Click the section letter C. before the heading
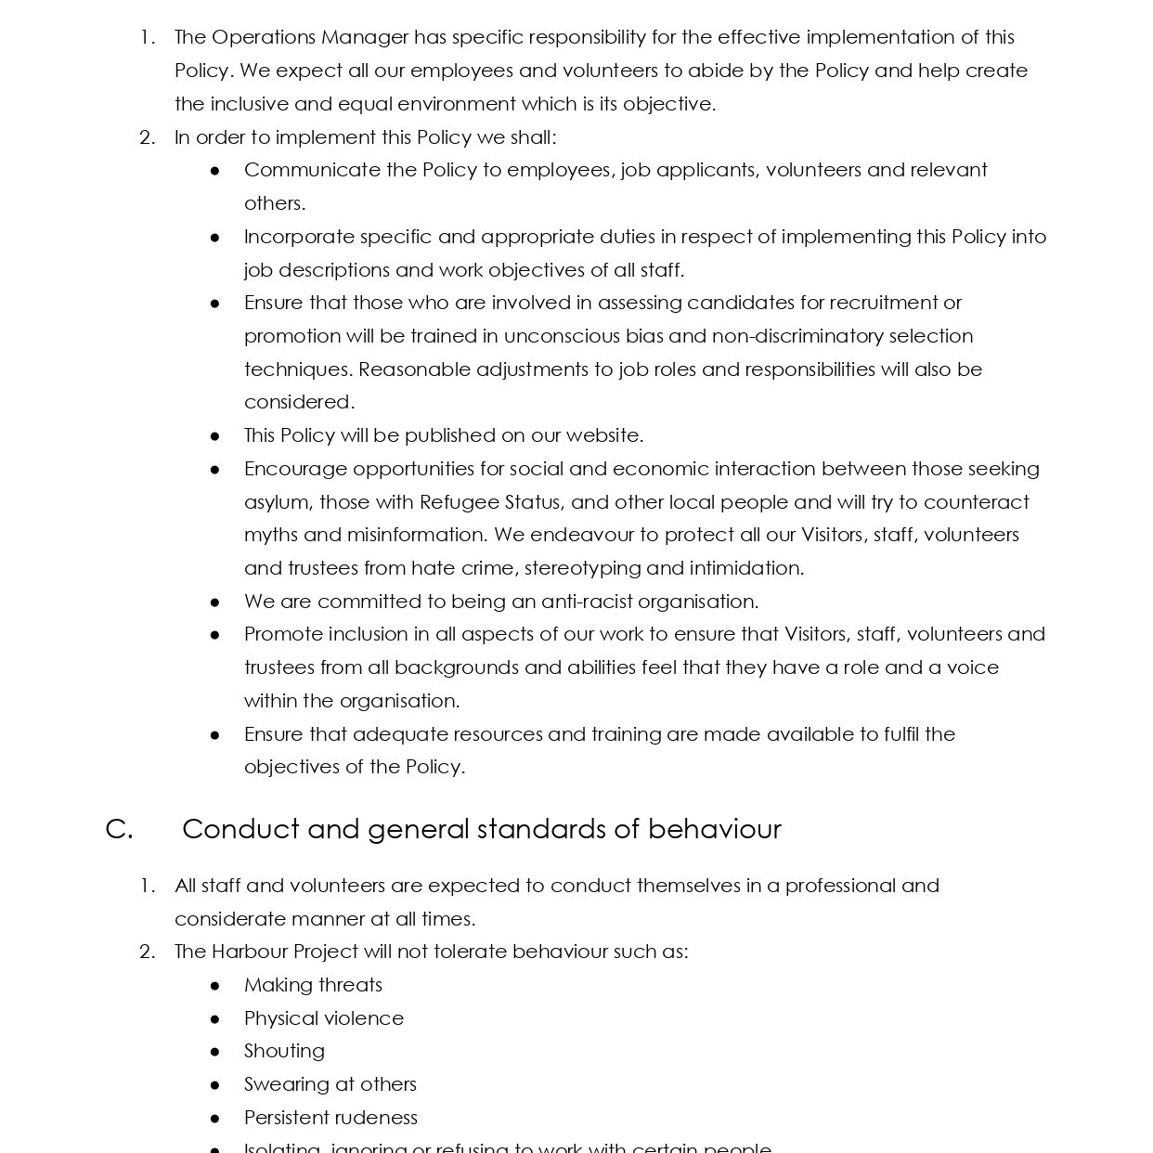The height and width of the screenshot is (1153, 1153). click(x=119, y=829)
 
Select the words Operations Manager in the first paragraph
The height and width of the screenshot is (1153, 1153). click(x=310, y=37)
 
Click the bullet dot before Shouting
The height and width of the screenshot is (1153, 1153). click(x=215, y=1052)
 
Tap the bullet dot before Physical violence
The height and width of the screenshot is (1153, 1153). click(x=215, y=1018)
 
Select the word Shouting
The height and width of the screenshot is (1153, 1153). click(x=284, y=1051)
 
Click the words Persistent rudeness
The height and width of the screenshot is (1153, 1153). click(x=330, y=1118)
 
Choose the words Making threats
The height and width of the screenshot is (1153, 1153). click(x=313, y=985)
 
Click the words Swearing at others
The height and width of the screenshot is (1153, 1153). click(x=330, y=1084)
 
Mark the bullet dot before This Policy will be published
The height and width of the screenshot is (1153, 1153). click(x=215, y=436)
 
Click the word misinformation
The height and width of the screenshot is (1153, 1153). click(x=416, y=535)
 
